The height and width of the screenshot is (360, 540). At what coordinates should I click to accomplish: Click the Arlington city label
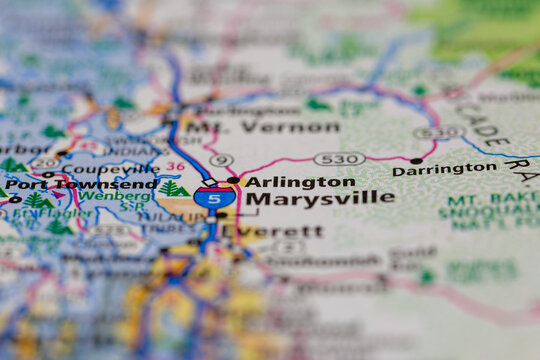click(x=300, y=182)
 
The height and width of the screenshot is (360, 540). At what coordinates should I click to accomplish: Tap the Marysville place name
click(x=319, y=198)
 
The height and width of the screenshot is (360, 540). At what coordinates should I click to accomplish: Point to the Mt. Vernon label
click(x=263, y=127)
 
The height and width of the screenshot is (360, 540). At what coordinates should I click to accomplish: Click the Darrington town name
click(x=444, y=170)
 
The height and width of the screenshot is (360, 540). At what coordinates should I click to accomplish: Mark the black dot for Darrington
click(x=416, y=160)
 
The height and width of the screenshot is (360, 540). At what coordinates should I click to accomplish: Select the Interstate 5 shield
click(x=209, y=197)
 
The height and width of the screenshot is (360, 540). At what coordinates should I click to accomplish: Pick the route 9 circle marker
click(x=221, y=160)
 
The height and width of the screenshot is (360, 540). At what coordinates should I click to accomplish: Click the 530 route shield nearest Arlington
click(x=338, y=158)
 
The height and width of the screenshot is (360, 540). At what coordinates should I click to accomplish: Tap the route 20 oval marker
click(x=43, y=163)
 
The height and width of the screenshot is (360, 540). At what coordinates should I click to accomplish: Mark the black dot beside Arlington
click(x=233, y=181)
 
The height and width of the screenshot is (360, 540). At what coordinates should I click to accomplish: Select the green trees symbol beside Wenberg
click(x=173, y=189)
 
